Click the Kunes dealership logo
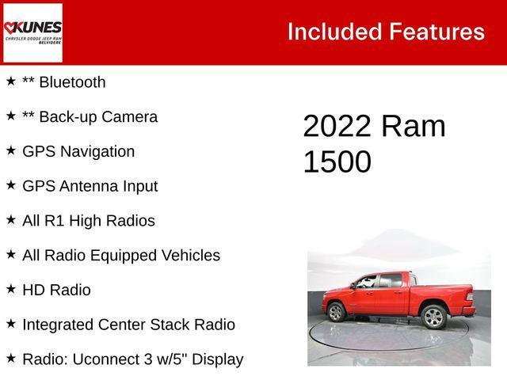click(32, 32)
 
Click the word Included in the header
click(334, 32)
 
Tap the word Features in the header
click(436, 32)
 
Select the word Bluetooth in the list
click(72, 82)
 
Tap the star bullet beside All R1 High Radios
click(11, 220)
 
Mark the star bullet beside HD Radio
click(11, 290)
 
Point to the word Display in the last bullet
click(215, 359)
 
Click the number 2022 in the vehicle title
click(337, 127)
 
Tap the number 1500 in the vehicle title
click(337, 162)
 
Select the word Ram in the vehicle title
click(413, 127)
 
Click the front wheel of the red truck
click(337, 313)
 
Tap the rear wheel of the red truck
click(433, 317)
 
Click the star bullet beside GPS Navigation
click(11, 151)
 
